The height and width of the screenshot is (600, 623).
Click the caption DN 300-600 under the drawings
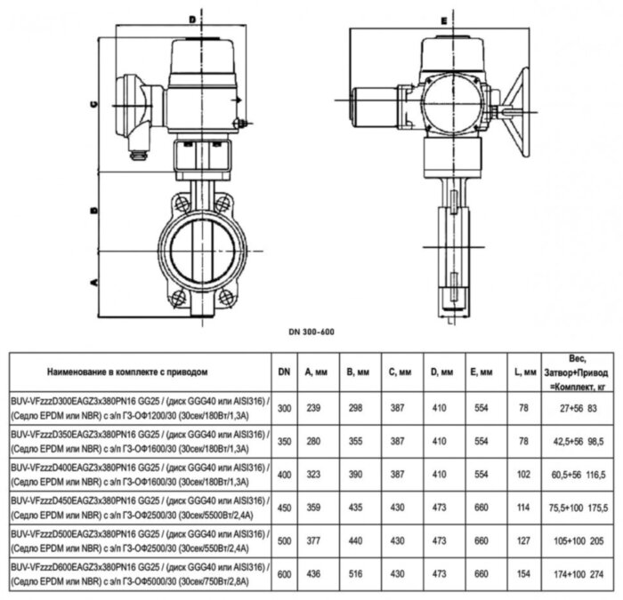[x=311, y=332]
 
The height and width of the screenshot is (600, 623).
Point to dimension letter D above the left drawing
[x=190, y=17]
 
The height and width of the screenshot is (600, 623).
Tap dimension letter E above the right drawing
[x=442, y=19]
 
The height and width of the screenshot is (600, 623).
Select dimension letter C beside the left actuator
[x=92, y=103]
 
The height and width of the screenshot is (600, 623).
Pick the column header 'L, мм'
[x=525, y=372]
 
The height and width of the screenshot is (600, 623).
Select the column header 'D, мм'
[x=441, y=372]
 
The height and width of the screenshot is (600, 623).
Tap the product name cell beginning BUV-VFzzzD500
[x=139, y=542]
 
